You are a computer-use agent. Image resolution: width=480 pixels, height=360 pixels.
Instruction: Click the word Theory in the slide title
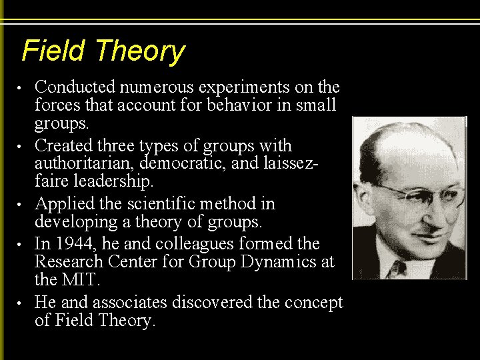[139, 52]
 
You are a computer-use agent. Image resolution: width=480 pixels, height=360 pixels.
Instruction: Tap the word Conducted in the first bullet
[72, 87]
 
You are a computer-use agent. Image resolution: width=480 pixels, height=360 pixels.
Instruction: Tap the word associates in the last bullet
[129, 302]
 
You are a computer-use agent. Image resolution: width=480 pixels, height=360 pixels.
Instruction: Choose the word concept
[313, 303]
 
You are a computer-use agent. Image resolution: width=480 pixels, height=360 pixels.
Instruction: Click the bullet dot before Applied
[22, 204]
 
